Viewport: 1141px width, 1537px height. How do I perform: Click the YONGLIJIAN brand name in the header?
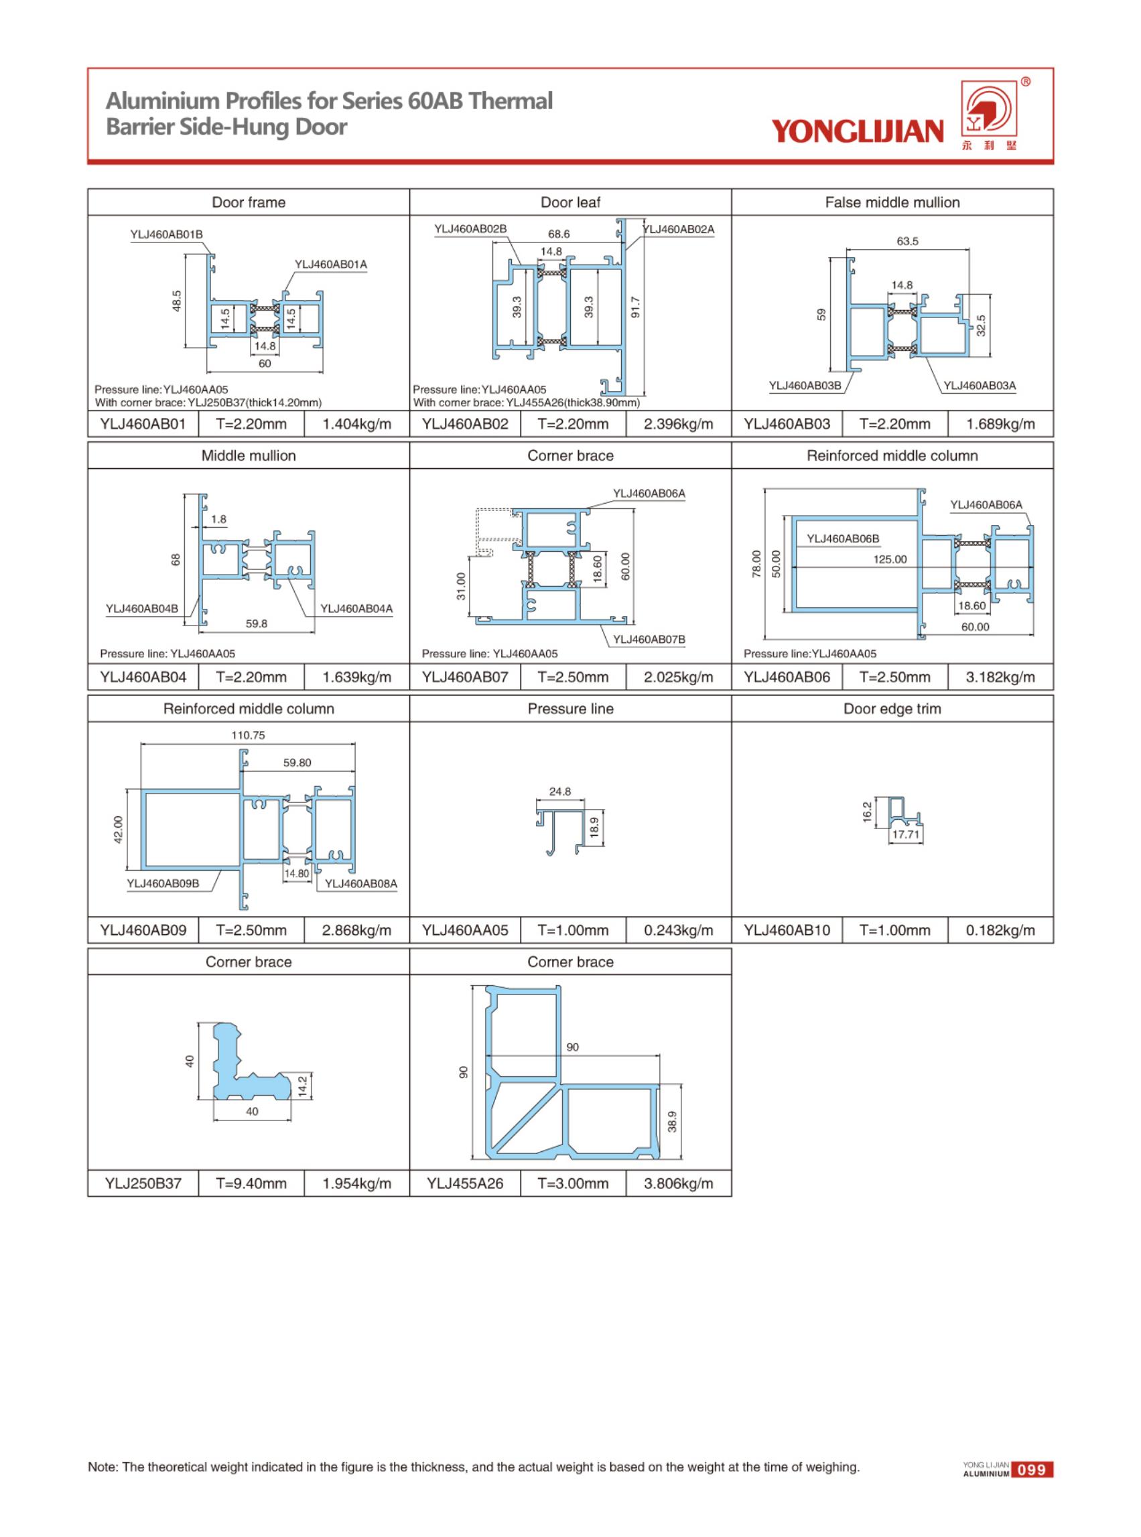857,131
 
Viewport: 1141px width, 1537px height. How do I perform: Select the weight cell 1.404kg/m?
356,424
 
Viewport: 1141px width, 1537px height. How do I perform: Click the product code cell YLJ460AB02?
465,424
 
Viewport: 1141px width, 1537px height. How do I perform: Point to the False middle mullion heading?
892,202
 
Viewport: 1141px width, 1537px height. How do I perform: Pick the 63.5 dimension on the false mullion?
908,241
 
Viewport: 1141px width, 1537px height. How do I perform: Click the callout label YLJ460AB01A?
331,265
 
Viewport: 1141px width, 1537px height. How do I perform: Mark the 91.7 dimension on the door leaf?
636,307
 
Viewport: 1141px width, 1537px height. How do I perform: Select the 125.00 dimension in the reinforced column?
890,559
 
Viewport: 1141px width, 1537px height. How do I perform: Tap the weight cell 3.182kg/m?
1000,677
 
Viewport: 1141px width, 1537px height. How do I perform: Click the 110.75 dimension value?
248,735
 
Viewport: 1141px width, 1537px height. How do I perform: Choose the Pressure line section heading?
571,709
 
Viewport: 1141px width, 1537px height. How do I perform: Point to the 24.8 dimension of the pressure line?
560,792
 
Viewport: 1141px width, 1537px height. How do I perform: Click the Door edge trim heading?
892,709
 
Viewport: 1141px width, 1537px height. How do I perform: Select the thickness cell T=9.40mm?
251,1183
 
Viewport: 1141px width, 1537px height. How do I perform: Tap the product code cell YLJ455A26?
465,1183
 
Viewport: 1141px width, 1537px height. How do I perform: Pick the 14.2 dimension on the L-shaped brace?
301,1086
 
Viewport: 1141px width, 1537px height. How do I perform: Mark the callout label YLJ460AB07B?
649,640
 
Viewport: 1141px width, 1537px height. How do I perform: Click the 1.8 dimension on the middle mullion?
218,519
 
